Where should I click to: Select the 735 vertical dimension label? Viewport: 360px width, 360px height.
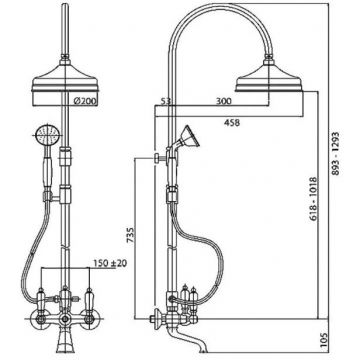click(131, 236)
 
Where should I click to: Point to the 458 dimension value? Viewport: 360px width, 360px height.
click(232, 123)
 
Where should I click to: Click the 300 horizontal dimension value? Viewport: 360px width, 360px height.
click(223, 101)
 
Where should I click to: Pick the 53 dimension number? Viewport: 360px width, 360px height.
click(166, 101)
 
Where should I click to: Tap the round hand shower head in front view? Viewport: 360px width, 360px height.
click(48, 135)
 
